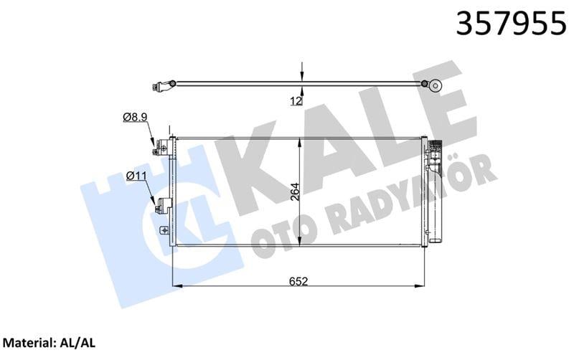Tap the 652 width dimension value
point(300,282)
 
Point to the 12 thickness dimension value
point(294,101)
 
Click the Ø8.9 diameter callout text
point(135,116)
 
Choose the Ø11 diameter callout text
point(136,175)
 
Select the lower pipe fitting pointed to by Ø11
point(159,207)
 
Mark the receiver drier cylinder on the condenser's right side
point(434,194)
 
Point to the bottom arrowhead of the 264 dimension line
point(301,244)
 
